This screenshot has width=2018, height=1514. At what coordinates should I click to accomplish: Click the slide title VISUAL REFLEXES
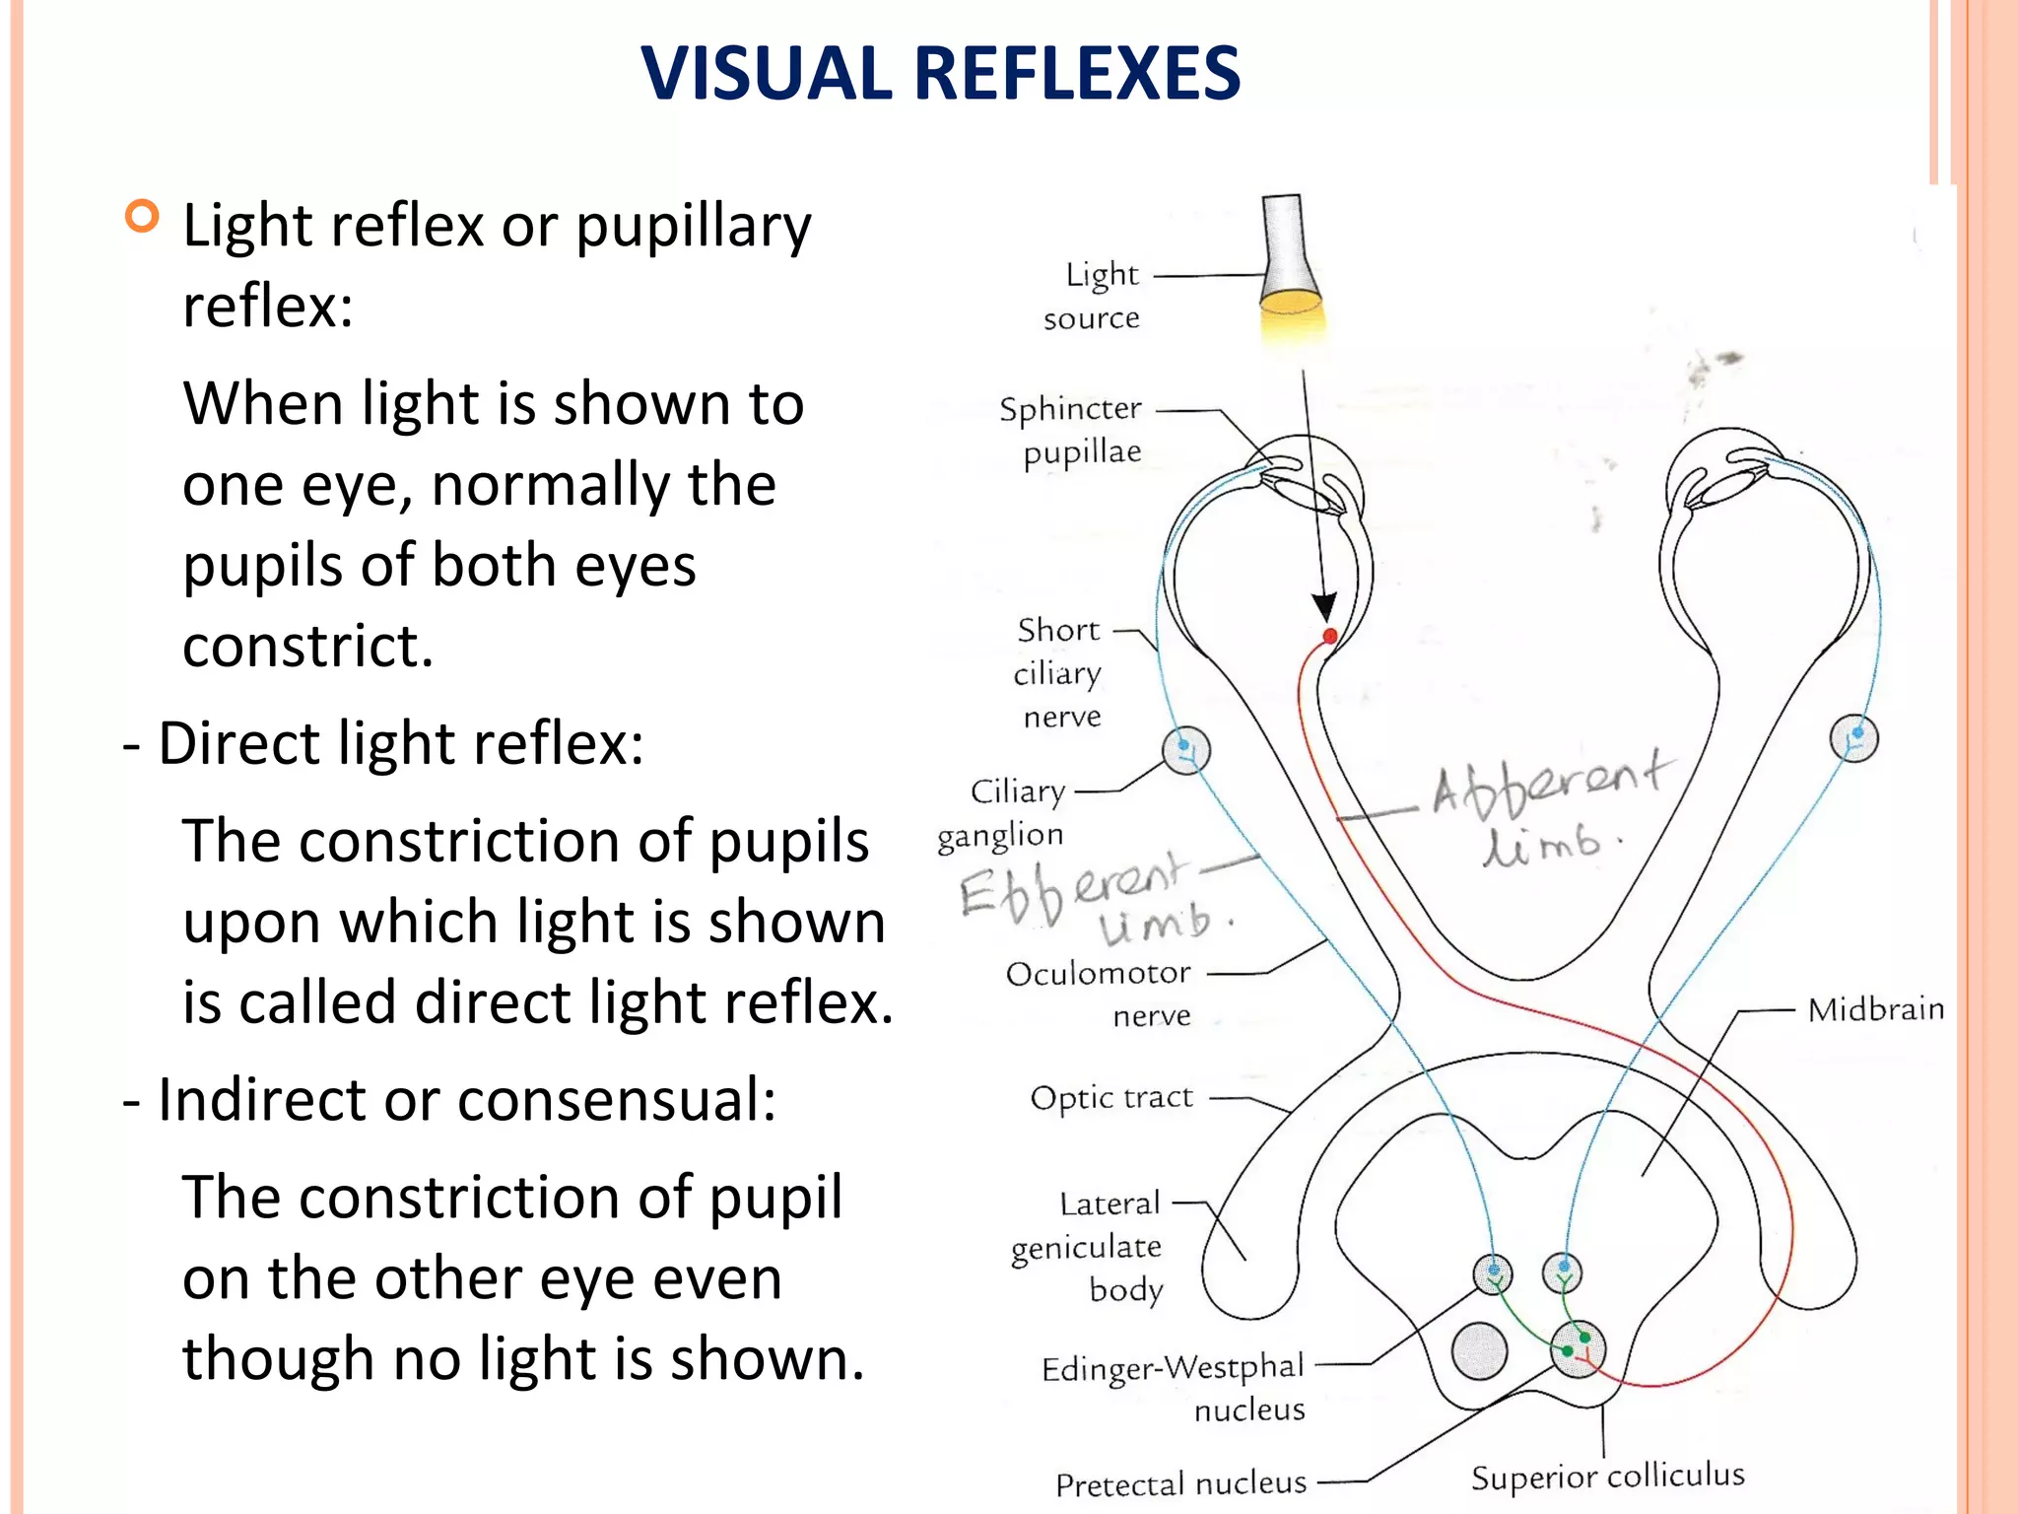click(940, 74)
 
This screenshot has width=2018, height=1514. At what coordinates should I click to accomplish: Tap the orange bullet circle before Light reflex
click(143, 216)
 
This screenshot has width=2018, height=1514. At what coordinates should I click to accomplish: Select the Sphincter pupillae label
click(1071, 430)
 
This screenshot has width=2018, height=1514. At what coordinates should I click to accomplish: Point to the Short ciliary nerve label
click(1059, 672)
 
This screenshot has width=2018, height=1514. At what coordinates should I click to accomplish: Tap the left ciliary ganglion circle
click(1186, 751)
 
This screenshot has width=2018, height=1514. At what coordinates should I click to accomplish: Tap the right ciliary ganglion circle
click(1853, 738)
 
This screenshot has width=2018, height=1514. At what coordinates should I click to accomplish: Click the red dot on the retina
click(1329, 636)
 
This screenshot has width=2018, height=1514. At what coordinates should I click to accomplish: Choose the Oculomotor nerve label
click(1099, 994)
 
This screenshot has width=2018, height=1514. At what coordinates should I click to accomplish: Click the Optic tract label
click(1111, 1097)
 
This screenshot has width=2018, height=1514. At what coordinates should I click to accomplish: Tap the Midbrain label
click(1876, 1009)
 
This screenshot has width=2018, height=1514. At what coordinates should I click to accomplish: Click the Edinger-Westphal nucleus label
click(1174, 1388)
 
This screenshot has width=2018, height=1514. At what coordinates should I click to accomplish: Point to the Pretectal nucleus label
click(1180, 1483)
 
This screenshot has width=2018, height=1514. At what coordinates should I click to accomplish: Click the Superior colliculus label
click(1607, 1476)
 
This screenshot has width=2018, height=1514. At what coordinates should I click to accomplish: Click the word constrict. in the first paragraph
click(308, 647)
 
